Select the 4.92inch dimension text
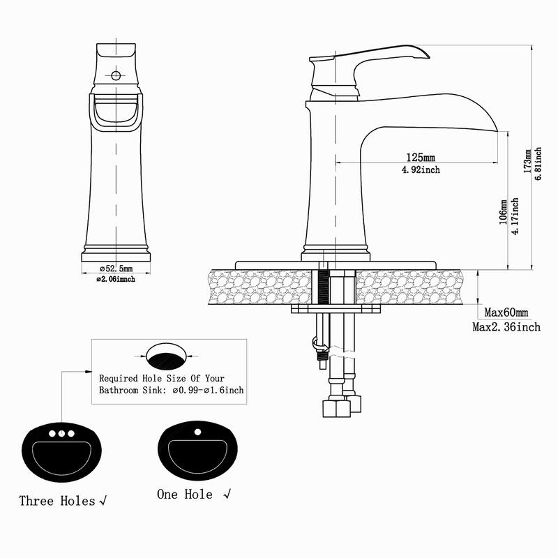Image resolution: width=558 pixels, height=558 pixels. coord(421,169)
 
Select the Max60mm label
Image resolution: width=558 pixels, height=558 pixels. coord(506,312)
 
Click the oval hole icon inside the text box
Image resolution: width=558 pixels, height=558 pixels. coord(168,356)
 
